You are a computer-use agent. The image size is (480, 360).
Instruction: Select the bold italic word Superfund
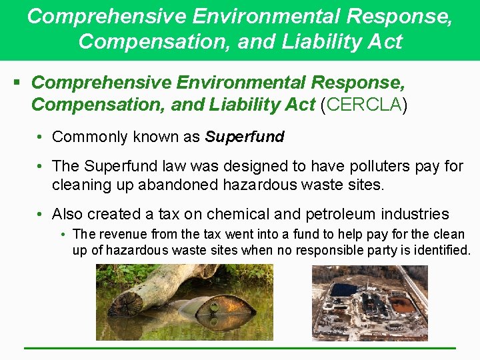coord(245,137)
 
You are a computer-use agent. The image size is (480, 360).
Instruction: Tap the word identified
coord(439,251)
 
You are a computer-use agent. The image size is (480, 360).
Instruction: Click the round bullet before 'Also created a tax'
coord(41,214)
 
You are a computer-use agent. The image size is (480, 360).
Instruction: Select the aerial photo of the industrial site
coord(369,303)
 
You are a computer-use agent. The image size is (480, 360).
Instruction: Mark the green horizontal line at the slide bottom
coord(240,348)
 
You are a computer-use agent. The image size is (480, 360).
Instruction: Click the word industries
coord(415,214)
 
